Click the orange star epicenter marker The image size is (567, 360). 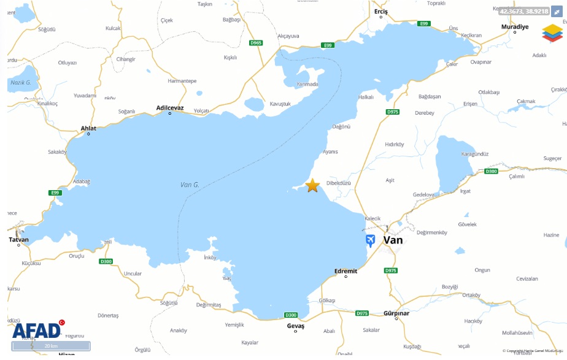coord(312,185)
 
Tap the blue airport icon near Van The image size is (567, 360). coord(370,240)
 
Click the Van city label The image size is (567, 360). coord(393,240)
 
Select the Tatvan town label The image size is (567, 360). coord(18,239)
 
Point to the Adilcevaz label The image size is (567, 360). coord(170,107)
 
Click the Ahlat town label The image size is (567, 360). coord(89,128)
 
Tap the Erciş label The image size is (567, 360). coord(381,12)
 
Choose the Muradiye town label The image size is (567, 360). coord(514,27)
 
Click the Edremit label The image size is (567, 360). coord(345,271)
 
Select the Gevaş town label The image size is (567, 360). coord(296,325)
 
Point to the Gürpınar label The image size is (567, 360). coord(396,313)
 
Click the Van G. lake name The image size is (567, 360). coord(190,185)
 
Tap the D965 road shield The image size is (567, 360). coord(256,43)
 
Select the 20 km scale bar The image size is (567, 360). coord(51,346)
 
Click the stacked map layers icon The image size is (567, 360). coord(552,33)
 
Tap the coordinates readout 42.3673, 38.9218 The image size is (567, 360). coord(523,11)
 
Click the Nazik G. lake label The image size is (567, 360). coord(21,82)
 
